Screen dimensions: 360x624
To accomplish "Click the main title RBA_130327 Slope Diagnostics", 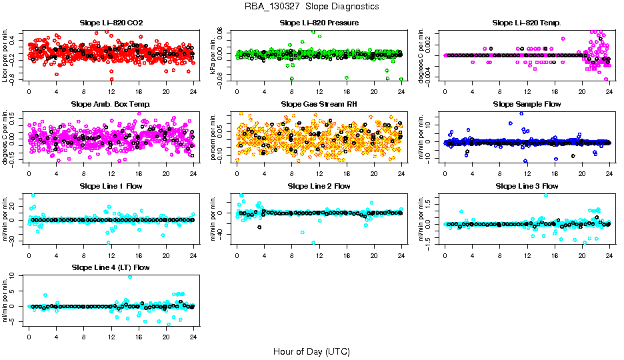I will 311,7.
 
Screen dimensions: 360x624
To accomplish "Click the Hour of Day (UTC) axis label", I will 311,351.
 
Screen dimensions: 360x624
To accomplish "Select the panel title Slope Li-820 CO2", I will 111,23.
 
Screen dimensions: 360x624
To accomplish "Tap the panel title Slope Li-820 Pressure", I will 319,23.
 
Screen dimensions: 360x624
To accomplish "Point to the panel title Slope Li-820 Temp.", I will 527,23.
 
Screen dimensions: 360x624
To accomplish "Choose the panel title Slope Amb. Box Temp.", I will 111,105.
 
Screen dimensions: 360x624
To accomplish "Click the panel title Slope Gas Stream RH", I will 319,105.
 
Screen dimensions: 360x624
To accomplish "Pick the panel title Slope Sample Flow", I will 527,105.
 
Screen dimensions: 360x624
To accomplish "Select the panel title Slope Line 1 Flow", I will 111,186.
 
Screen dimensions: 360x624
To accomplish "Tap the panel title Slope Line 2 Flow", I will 319,186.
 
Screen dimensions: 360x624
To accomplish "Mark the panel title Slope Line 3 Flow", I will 527,186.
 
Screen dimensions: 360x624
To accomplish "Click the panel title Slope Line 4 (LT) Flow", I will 111,267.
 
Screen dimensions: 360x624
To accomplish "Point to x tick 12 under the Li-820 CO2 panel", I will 111,92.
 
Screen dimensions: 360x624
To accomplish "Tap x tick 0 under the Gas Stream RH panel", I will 237,173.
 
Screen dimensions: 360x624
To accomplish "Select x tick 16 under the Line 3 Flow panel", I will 555,255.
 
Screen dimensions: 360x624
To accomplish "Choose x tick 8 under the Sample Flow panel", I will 499,173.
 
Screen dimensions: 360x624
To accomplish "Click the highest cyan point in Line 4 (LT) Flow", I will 130,277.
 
